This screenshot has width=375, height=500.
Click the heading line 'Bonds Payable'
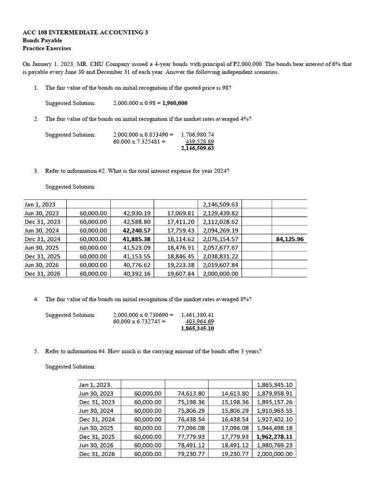pos(42,41)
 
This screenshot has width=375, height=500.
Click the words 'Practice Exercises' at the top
pos(47,48)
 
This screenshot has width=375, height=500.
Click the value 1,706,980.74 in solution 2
pos(197,135)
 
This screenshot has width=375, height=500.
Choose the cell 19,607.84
pos(181,274)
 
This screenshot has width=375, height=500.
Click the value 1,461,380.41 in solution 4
pos(197,315)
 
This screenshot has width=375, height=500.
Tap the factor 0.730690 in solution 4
pos(154,315)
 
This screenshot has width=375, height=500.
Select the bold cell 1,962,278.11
pos(276,437)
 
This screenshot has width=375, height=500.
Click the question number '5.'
pos(36,351)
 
